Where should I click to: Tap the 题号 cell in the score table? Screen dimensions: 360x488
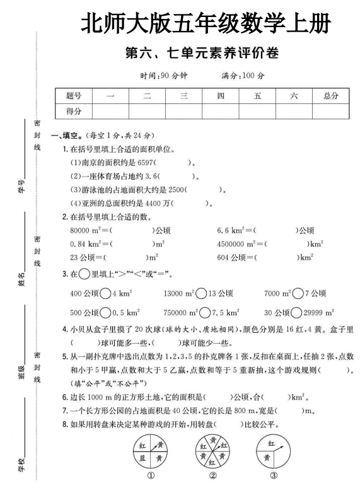point(74,96)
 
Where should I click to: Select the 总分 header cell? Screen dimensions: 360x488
point(330,96)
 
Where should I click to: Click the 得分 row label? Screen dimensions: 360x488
point(74,110)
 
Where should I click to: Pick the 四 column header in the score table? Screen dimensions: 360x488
point(221,96)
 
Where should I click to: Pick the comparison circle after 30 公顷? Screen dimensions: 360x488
point(298,312)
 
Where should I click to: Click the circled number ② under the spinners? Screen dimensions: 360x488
point(212,476)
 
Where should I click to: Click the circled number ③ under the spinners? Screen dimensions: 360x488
point(274,476)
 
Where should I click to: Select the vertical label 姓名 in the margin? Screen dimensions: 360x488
point(23,276)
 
